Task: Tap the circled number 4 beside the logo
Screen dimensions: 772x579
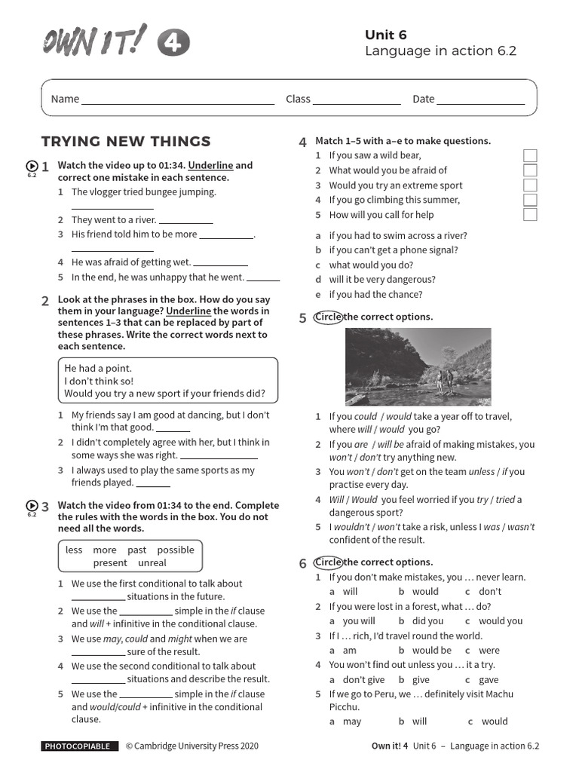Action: click(x=173, y=44)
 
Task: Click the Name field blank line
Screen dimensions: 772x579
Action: click(x=178, y=100)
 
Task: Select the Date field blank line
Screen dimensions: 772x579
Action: click(x=480, y=100)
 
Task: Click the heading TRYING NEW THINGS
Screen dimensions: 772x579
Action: click(x=126, y=142)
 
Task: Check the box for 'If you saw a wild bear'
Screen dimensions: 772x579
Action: click(x=530, y=156)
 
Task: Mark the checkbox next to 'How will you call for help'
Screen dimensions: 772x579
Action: click(x=530, y=215)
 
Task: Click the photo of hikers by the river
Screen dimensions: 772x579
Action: click(x=418, y=366)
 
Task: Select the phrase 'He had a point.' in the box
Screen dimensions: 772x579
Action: click(x=98, y=369)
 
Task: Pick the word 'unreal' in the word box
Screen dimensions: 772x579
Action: click(x=152, y=563)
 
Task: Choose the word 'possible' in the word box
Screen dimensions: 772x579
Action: click(x=176, y=550)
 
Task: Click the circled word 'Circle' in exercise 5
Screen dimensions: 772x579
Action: click(x=328, y=317)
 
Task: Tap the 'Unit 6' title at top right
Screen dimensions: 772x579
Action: click(x=386, y=35)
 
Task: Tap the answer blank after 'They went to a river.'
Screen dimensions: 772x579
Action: click(x=186, y=220)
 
